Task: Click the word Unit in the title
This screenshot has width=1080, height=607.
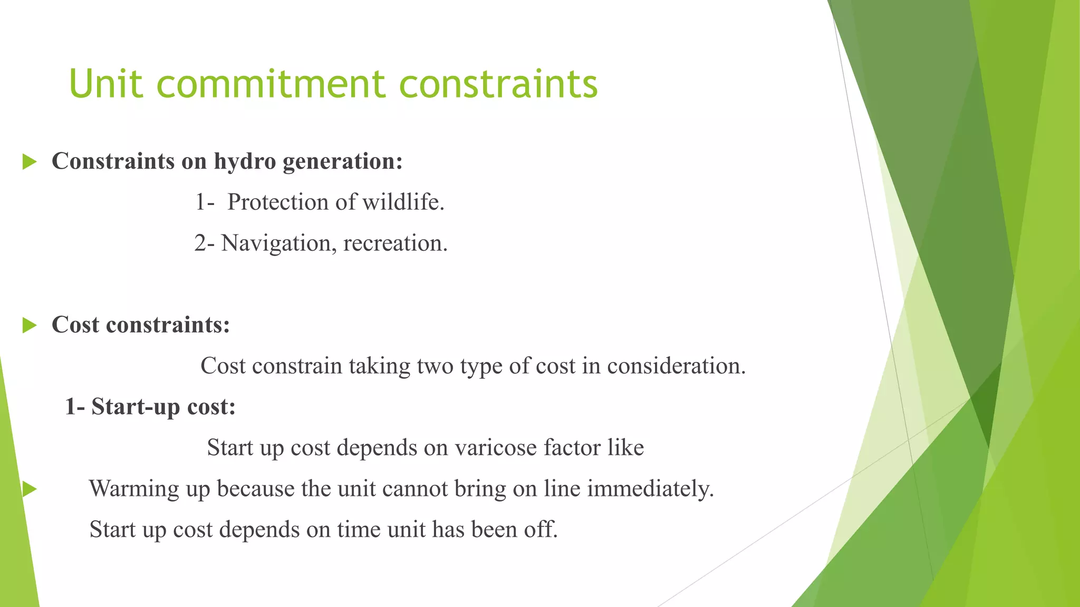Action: [105, 84]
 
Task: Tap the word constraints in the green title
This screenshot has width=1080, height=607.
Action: [498, 84]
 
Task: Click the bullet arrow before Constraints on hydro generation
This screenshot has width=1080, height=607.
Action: [30, 162]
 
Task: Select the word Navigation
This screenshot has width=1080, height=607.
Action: [277, 243]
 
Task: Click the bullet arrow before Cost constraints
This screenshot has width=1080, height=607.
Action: [30, 326]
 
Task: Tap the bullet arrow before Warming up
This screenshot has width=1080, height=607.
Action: [30, 489]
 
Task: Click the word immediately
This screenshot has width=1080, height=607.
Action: [650, 489]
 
